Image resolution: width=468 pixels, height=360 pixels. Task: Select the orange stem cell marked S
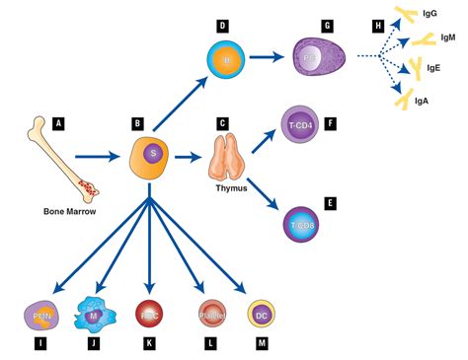tap(151, 156)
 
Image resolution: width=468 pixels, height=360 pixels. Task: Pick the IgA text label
tap(423, 101)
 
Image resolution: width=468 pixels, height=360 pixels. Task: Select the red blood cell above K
tap(149, 315)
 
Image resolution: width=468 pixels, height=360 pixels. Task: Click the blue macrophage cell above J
tap(95, 315)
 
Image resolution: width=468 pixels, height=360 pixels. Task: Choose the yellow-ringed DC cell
tap(261, 315)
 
